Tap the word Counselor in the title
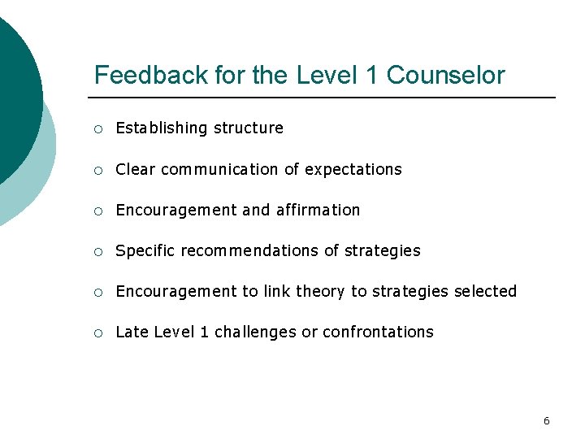tap(445, 76)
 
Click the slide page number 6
tap(546, 420)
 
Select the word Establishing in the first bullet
tap(162, 128)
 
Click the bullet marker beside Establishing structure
tap(97, 128)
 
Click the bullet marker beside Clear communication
tap(97, 170)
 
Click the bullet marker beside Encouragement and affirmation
tap(97, 211)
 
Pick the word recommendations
tap(250, 250)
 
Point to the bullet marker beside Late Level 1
tap(97, 333)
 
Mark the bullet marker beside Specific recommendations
tap(97, 251)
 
